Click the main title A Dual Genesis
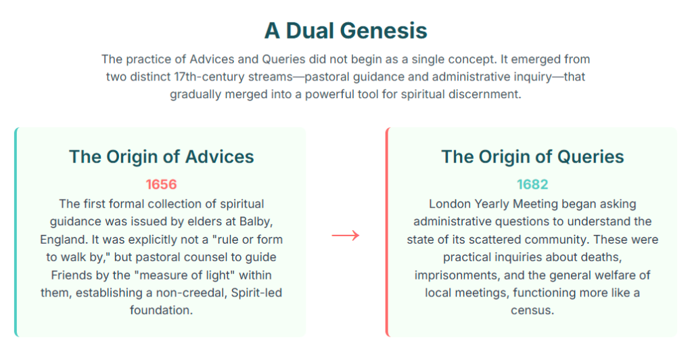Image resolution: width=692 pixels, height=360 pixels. (x=346, y=30)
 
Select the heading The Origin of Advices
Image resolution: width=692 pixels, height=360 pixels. (x=162, y=157)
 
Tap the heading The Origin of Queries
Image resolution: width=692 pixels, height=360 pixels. (x=532, y=157)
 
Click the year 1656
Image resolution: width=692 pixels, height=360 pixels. (x=161, y=184)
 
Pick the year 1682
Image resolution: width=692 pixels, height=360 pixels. (x=532, y=184)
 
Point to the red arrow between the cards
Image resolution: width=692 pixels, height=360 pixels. (x=346, y=235)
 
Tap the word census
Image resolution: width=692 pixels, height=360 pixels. (x=532, y=311)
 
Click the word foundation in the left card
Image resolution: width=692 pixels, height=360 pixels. (x=161, y=311)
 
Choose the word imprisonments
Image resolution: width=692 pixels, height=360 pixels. (x=460, y=275)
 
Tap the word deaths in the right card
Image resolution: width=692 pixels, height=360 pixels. (x=601, y=257)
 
